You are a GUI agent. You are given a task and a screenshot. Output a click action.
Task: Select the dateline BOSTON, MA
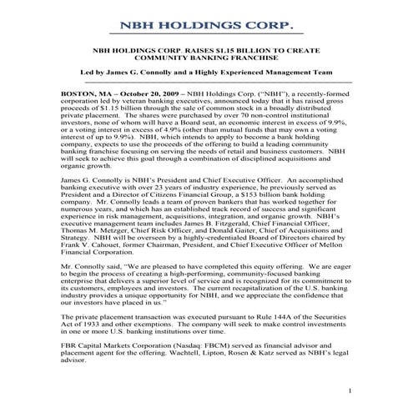pyautogui.click(x=84, y=94)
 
